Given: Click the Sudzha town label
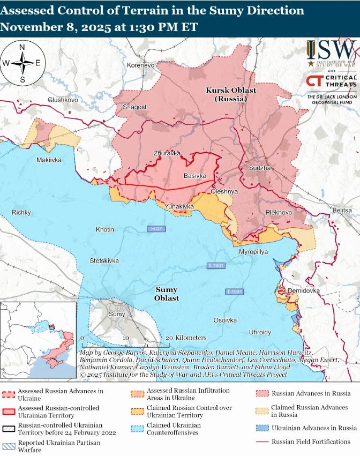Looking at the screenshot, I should click(260, 168).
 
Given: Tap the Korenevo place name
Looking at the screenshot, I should click(140, 65).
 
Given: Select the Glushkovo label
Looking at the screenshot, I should click(63, 100).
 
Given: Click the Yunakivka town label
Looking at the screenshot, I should click(179, 206).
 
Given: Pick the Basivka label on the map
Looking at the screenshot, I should click(194, 176).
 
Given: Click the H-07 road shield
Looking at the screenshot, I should click(155, 229).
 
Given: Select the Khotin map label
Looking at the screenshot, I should click(105, 229).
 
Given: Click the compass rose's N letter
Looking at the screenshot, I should click(22, 47).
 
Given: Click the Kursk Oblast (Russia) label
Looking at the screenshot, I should click(231, 94).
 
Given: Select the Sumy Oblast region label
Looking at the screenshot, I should click(166, 294).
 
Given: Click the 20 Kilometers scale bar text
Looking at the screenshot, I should click(185, 338).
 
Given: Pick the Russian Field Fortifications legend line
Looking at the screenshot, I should click(262, 442).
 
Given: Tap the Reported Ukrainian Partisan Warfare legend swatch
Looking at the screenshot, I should click(7, 443).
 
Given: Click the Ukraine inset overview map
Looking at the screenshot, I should click(38, 340).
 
